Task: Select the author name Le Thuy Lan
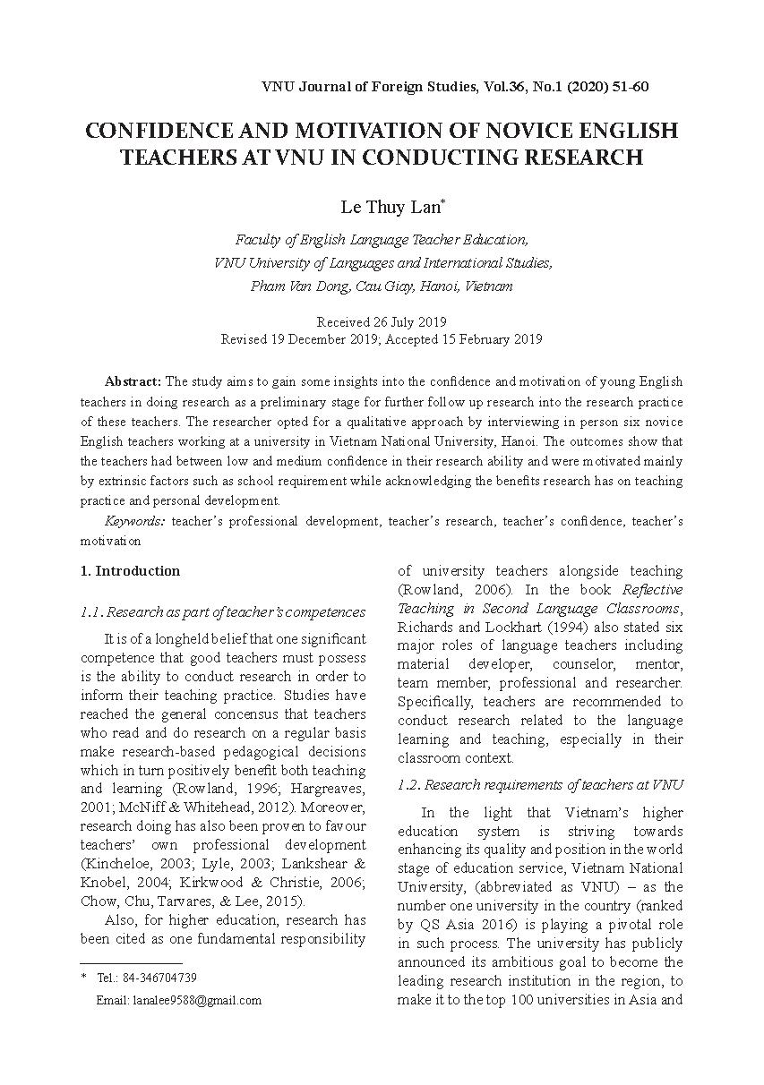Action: (x=390, y=207)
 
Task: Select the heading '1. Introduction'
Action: (x=130, y=571)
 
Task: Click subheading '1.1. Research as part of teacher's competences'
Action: (x=223, y=612)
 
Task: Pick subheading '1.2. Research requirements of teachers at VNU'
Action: (x=540, y=785)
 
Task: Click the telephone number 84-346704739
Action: (x=164, y=978)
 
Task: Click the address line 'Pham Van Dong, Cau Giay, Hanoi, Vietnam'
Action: (x=382, y=286)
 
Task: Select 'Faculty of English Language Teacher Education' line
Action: (x=382, y=240)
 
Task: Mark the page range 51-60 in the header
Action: (x=630, y=87)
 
